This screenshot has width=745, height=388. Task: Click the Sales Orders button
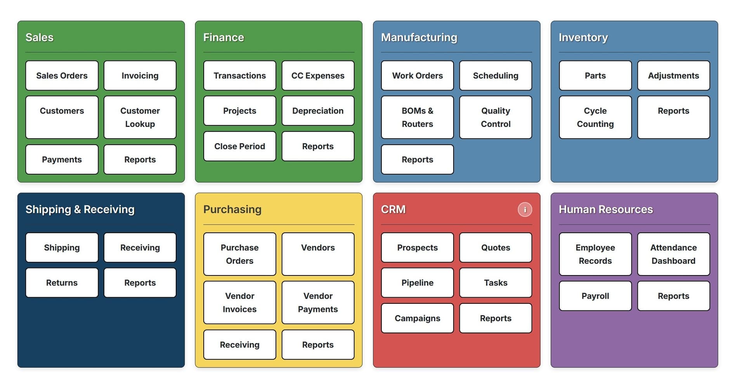(62, 76)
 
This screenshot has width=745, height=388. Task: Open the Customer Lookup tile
(140, 117)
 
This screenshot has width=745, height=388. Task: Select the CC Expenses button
(318, 76)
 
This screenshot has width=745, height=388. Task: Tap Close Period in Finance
(239, 146)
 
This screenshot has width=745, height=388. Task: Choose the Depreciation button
(318, 111)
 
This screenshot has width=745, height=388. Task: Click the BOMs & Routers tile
(417, 117)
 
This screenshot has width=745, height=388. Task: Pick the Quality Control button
(496, 117)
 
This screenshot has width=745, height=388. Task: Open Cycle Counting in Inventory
(595, 117)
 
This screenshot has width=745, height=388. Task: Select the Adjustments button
(673, 76)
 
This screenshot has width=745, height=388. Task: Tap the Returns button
(62, 283)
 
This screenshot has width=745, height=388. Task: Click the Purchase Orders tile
(239, 254)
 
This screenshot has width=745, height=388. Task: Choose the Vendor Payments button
(318, 303)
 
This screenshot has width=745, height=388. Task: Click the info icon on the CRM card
(525, 210)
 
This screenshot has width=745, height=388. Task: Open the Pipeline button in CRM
(417, 283)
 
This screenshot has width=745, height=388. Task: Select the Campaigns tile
(417, 318)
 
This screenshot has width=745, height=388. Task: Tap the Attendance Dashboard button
(673, 254)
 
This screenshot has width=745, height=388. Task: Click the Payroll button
(595, 296)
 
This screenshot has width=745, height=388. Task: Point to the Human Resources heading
(605, 210)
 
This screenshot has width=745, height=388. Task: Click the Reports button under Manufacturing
(417, 159)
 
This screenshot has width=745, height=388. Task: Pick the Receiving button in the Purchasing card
(239, 345)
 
